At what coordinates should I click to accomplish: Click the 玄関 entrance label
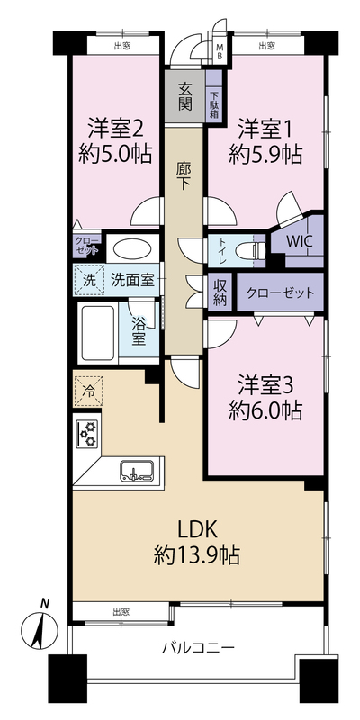(184, 96)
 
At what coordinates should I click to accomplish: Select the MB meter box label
(220, 52)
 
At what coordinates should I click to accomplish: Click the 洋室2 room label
(117, 129)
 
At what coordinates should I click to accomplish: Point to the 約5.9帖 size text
(265, 156)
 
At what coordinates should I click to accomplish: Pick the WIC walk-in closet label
(300, 242)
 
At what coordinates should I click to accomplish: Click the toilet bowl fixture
(250, 251)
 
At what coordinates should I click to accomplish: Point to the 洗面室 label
(132, 280)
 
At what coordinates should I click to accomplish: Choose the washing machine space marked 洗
(89, 280)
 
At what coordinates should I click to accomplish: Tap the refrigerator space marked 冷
(87, 391)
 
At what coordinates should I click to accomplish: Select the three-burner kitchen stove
(87, 433)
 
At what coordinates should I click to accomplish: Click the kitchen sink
(137, 471)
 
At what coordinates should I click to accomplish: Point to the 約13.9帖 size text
(197, 556)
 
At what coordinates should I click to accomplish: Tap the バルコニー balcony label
(199, 649)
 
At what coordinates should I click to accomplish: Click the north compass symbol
(40, 625)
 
